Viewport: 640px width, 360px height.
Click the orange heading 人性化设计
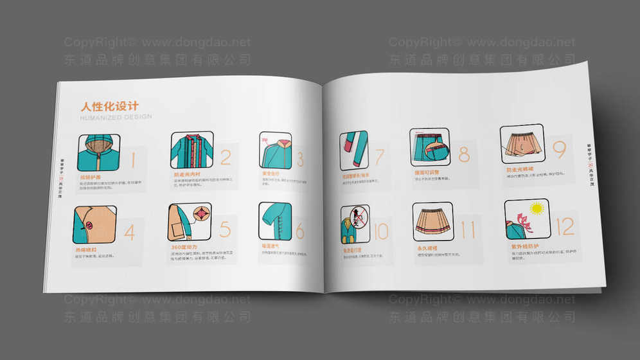pos(109,106)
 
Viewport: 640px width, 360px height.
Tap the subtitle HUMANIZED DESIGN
pos(116,117)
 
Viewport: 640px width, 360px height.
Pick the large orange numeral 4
pos(130,232)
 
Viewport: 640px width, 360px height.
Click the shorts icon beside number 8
pos(429,147)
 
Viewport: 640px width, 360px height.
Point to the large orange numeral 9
pos(558,149)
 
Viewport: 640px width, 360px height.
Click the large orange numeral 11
pos(468,229)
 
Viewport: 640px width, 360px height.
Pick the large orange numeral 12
pos(565,226)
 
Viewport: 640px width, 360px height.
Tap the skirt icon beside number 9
pos(521,144)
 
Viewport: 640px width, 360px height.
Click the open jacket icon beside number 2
pos(191,151)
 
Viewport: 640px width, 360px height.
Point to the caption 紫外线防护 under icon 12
pos(525,247)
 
